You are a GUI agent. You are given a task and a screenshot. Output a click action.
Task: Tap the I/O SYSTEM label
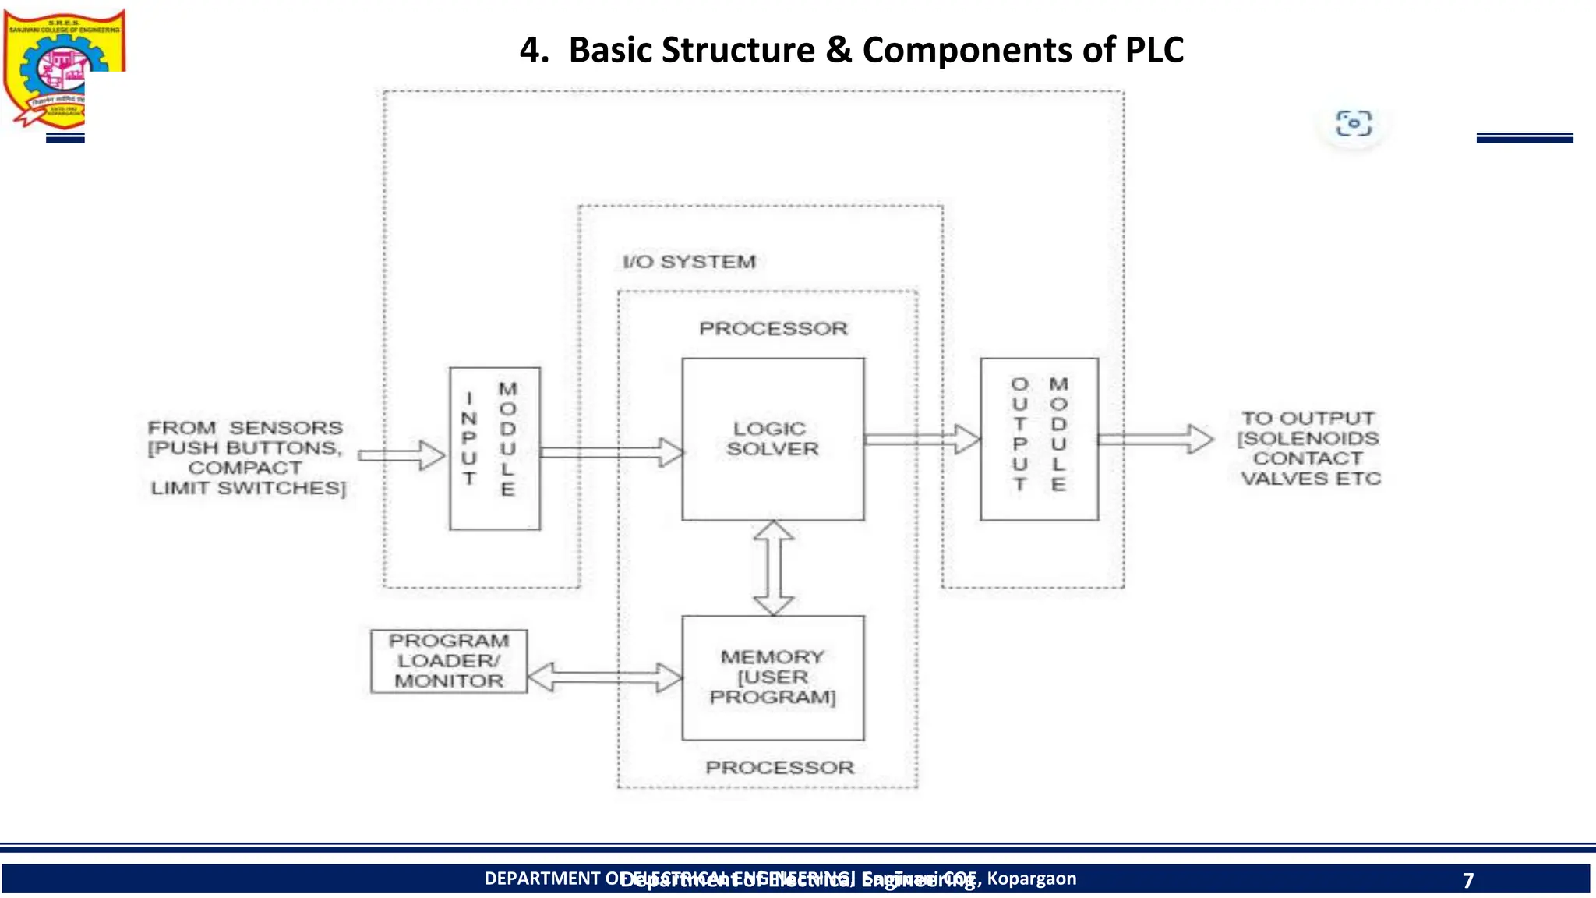pos(689,262)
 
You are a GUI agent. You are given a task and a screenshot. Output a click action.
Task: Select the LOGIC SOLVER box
pos(772,439)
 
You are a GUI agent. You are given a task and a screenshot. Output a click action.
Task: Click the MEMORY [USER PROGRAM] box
pos(772,677)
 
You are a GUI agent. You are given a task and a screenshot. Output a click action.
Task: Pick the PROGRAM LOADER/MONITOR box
pos(449,661)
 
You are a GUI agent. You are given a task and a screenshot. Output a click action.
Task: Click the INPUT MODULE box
pos(494,448)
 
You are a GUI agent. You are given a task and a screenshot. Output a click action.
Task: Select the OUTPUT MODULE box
pos(1039,439)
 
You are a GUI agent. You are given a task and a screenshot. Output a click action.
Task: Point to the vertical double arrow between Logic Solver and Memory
pos(774,567)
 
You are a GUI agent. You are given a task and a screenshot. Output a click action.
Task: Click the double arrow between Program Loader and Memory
pos(605,677)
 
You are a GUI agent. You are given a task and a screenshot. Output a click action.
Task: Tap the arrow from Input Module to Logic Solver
pos(611,452)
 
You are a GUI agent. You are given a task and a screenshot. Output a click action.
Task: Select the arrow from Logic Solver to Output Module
pos(921,439)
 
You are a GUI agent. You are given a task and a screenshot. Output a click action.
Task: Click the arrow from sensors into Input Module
pos(401,455)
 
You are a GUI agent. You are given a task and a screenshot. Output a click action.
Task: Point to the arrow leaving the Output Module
pos(1155,439)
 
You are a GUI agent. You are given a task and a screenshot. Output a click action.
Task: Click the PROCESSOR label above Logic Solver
pos(773,329)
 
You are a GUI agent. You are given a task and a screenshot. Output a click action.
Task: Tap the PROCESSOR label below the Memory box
pos(779,768)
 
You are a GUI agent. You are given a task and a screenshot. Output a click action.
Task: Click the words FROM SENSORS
pos(245,428)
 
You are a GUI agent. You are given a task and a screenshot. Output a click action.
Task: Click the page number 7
pos(1468,880)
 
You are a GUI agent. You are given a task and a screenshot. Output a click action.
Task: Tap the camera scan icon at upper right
pos(1354,124)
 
